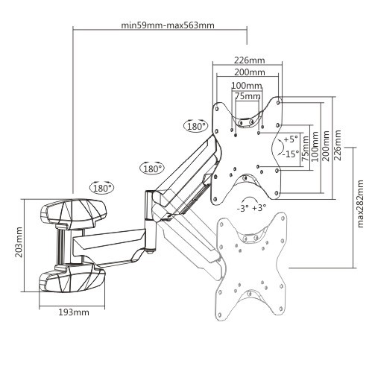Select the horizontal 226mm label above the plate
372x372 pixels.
250,60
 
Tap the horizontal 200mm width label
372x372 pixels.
250,72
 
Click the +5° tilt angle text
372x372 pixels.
290,139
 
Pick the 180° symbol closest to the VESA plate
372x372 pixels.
197,126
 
